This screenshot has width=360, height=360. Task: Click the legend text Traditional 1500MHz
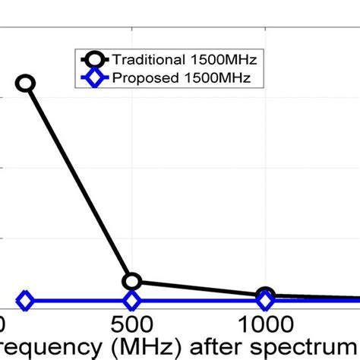click(x=186, y=59)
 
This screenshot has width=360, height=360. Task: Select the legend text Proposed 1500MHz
click(x=186, y=77)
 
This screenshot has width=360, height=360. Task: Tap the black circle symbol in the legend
click(x=94, y=59)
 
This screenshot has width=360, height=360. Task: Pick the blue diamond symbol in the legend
click(x=94, y=77)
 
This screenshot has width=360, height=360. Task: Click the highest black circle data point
click(x=26, y=83)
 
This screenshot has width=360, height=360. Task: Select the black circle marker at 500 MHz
click(x=132, y=282)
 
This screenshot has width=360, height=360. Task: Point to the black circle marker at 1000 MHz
click(x=265, y=295)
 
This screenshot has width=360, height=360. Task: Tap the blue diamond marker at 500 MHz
click(x=132, y=301)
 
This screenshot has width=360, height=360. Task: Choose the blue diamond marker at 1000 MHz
click(x=265, y=301)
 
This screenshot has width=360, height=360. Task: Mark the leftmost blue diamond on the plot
click(x=25, y=301)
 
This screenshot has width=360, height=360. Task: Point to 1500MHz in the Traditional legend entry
click(x=226, y=59)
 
